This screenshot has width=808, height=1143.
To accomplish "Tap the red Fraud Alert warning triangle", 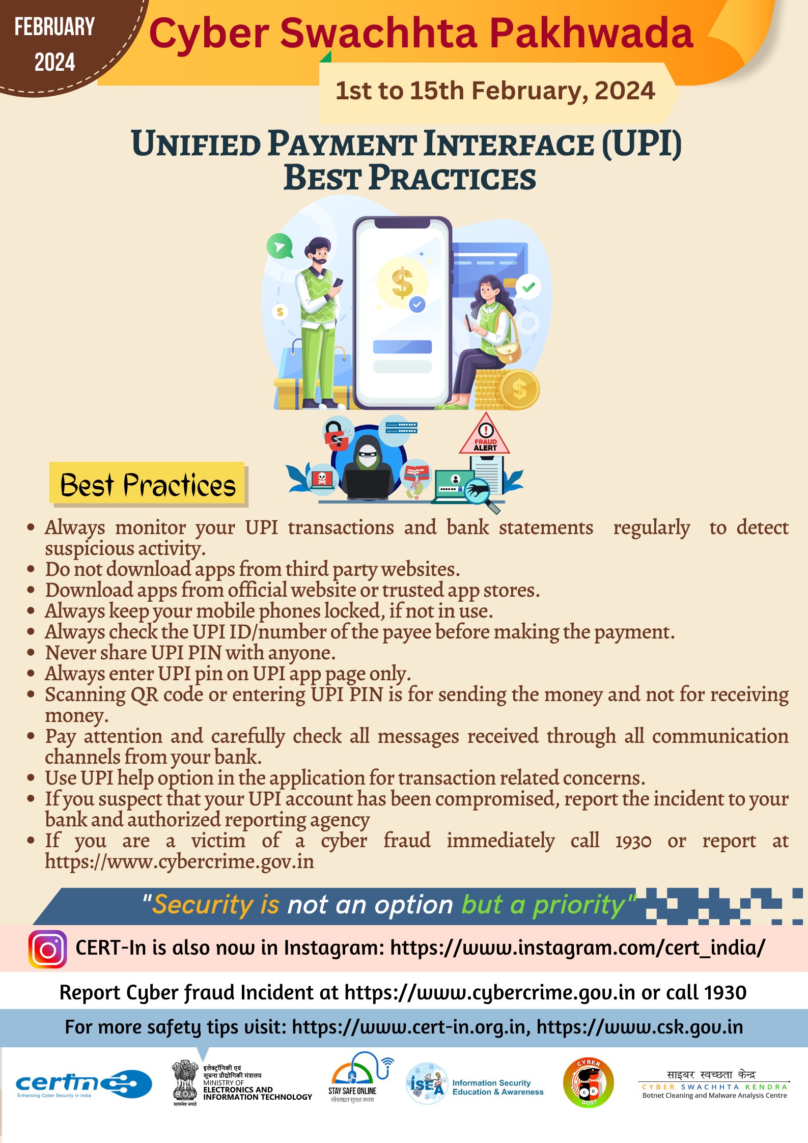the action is [x=485, y=434].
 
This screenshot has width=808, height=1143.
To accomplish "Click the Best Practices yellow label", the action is [x=148, y=484].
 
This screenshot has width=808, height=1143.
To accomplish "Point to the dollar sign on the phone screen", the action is [x=402, y=283].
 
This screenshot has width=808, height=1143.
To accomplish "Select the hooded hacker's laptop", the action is [x=368, y=484].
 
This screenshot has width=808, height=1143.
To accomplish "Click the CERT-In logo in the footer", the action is [x=84, y=1084].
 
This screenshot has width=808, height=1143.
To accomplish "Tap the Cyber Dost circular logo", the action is [x=589, y=1083].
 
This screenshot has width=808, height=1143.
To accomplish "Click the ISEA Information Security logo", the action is [x=475, y=1084].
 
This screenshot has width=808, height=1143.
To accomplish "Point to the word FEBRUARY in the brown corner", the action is [x=54, y=27].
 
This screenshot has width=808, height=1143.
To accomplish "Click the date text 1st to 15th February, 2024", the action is [x=495, y=91].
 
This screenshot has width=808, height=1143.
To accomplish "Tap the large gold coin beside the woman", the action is [x=519, y=389].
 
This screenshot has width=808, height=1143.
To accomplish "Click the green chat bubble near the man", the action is [x=280, y=246].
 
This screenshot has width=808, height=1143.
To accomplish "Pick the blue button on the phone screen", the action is [x=402, y=347].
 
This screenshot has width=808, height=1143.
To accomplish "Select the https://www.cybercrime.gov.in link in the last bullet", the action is [x=179, y=862].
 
